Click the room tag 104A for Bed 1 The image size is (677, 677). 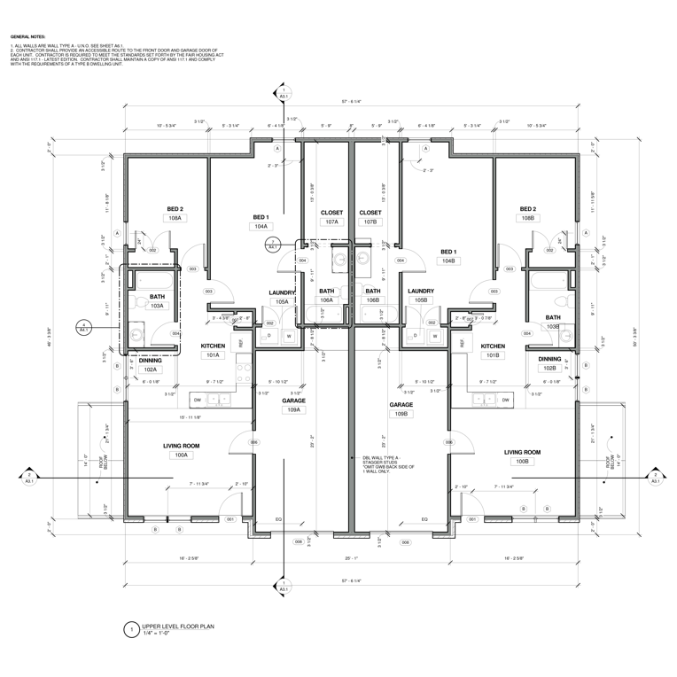point(261,227)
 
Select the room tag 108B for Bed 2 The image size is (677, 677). point(528,218)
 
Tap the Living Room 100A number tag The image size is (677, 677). point(181,455)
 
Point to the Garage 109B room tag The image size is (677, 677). point(401,414)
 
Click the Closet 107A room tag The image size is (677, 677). point(331,222)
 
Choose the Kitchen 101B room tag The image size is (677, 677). point(493,355)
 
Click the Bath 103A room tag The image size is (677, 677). point(157,306)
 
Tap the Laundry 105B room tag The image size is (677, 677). point(420,300)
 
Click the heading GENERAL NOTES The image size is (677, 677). point(26,37)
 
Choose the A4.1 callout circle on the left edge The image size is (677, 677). point(83,326)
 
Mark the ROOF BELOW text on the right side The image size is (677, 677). point(611,462)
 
